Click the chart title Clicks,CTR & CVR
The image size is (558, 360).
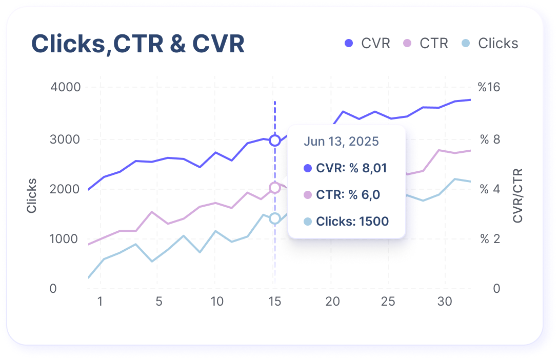click(x=138, y=44)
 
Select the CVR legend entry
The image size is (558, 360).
click(x=367, y=44)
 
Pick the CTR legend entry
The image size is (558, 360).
click(x=426, y=44)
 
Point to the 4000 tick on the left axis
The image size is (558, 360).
click(x=66, y=87)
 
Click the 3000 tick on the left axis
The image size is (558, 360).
click(x=66, y=139)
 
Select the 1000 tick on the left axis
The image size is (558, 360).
click(x=66, y=239)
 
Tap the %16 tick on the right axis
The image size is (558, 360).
click(x=489, y=87)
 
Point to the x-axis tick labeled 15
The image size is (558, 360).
click(x=275, y=302)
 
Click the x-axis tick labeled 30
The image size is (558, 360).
click(x=445, y=302)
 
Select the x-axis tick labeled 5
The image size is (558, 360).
click(x=159, y=302)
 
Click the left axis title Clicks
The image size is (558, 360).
click(x=32, y=195)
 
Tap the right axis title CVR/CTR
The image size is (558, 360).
click(x=518, y=195)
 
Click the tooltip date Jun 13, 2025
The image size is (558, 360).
click(x=341, y=142)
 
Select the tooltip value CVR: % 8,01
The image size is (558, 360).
click(x=345, y=168)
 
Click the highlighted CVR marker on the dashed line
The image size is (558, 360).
click(x=275, y=140)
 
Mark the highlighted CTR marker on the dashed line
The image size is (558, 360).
click(x=275, y=188)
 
